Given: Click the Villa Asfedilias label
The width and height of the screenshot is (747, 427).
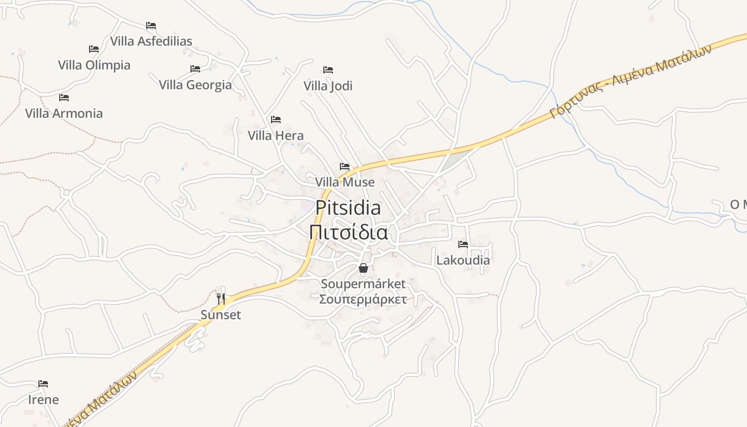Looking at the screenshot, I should pyautogui.click(x=151, y=41).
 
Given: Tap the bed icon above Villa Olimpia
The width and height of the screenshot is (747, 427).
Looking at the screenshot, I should pyautogui.click(x=94, y=49).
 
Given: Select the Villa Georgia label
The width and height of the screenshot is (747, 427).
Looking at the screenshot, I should pyautogui.click(x=195, y=85).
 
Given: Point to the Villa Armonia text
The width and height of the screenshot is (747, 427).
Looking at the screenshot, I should pyautogui.click(x=64, y=113).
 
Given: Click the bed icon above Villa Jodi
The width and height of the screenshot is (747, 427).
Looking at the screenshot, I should pyautogui.click(x=328, y=70).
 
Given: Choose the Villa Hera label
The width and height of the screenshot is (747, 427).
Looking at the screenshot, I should pyautogui.click(x=275, y=136).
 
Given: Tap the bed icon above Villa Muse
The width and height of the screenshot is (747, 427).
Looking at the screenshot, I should pyautogui.click(x=345, y=167).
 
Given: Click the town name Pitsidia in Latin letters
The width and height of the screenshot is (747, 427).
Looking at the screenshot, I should pyautogui.click(x=348, y=208).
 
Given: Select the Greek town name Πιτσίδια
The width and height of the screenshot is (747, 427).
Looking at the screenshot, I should pyautogui.click(x=348, y=233).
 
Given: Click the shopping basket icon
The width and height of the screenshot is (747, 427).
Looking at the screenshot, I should pyautogui.click(x=363, y=267).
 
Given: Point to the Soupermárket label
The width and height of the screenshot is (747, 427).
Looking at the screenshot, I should pyautogui.click(x=363, y=283).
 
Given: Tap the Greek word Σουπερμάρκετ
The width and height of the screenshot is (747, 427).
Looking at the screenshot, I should pyautogui.click(x=363, y=299).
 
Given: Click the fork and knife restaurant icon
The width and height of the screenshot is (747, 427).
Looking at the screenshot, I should pyautogui.click(x=221, y=298).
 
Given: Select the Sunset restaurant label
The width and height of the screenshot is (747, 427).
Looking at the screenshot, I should pyautogui.click(x=221, y=315).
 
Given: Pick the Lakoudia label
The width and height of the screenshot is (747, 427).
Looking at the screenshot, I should pyautogui.click(x=463, y=260).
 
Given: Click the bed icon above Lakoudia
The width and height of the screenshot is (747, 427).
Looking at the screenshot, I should pyautogui.click(x=463, y=244).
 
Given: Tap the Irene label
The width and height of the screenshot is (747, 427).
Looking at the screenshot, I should pyautogui.click(x=43, y=400).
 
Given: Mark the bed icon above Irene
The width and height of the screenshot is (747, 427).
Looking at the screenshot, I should pyautogui.click(x=43, y=384).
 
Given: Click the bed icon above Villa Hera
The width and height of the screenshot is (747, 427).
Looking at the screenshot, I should pyautogui.click(x=276, y=120).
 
